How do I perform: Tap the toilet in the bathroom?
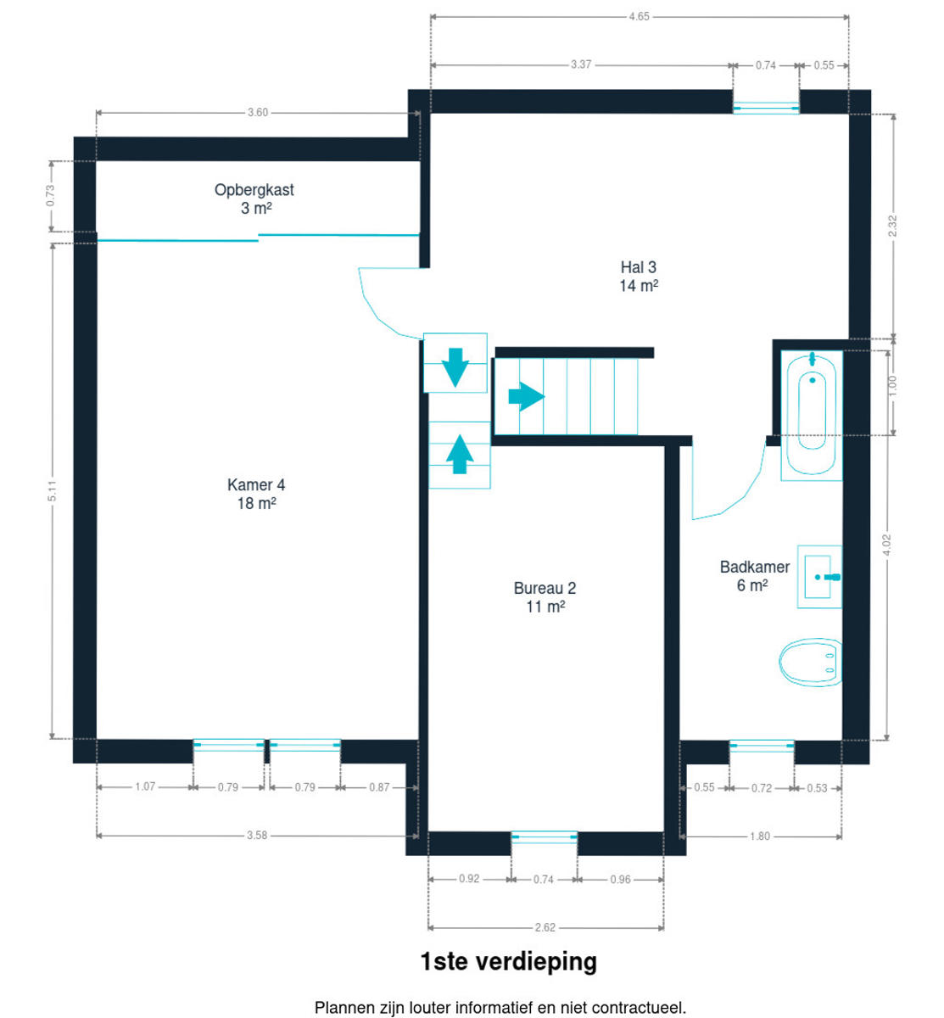tap(810, 662)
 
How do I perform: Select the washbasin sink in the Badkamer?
tap(819, 577)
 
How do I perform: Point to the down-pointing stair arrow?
tap(455, 366)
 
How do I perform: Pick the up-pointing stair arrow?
tap(460, 455)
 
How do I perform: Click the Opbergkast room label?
tap(254, 190)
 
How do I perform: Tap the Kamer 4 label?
tap(256, 485)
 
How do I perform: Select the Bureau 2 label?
tap(545, 588)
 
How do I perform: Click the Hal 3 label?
tap(638, 267)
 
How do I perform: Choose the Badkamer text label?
tap(754, 567)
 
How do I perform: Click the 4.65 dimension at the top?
tap(639, 16)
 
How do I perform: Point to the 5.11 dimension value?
tap(52, 491)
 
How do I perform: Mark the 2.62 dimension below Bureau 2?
tap(545, 927)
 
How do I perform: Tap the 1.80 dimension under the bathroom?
tap(759, 836)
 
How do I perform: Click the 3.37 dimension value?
tap(581, 64)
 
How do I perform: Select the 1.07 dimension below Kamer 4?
tap(145, 787)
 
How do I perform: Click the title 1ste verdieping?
tap(508, 962)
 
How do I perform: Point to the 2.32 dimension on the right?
tap(892, 227)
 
